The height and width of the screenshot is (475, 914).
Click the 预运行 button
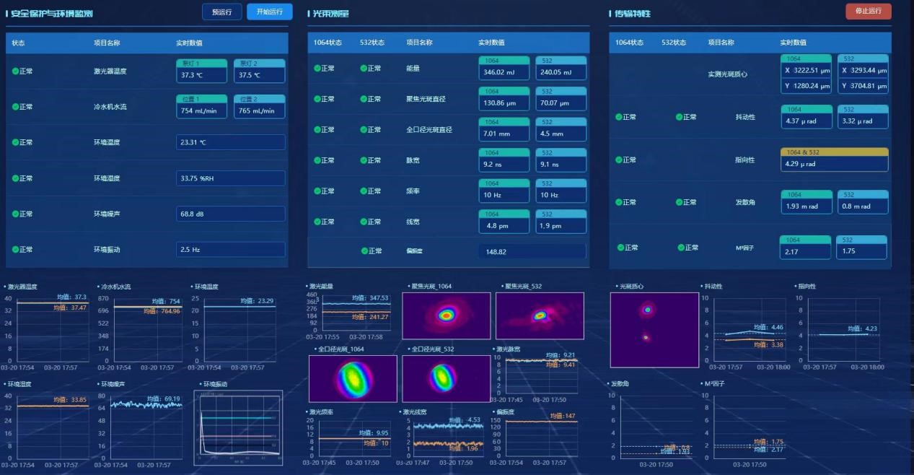(222, 12)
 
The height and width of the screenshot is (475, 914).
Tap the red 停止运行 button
(868, 12)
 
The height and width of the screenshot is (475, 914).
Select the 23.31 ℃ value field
(230, 142)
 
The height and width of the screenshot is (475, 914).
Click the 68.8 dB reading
(230, 214)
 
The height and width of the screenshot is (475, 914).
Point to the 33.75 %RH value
(230, 178)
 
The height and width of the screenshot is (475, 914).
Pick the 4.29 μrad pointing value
(834, 164)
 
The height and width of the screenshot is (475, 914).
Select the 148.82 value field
(532, 251)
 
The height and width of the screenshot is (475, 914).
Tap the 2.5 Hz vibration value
(230, 249)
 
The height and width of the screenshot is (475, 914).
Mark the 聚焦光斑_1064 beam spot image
(446, 315)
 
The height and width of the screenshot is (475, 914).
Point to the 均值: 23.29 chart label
(258, 301)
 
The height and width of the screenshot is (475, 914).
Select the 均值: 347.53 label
(369, 297)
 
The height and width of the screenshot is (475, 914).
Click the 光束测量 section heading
(331, 14)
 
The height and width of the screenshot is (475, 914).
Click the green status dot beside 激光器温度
(15, 71)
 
